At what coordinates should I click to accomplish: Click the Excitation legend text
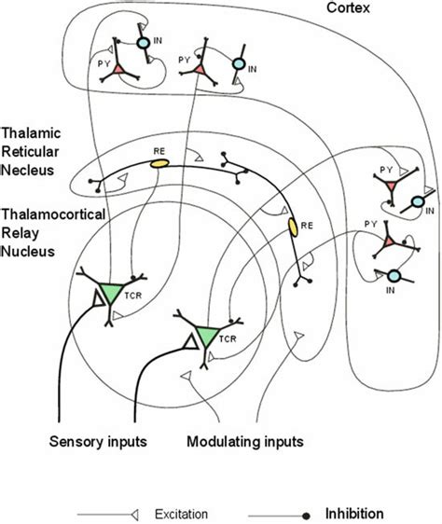[x=184, y=514]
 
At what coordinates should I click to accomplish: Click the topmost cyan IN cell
[x=143, y=43]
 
